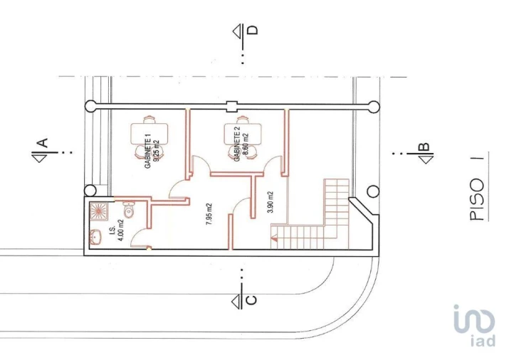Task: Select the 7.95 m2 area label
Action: coord(209,214)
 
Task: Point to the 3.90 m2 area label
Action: coord(270,202)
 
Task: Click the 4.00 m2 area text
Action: coord(120,231)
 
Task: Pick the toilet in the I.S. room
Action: coord(129,209)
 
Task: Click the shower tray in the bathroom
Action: coord(99,211)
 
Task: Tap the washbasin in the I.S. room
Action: coord(95,237)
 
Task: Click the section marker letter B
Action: coord(424,147)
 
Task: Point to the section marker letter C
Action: coord(251,300)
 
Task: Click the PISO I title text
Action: coord(477,189)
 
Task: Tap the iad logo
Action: coord(474,325)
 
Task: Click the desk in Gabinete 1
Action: coord(149,134)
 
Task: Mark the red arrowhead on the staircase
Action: coord(274,239)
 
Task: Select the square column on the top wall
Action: coord(232,107)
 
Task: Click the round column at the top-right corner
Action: coord(374,107)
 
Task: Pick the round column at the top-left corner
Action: coord(90,107)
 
